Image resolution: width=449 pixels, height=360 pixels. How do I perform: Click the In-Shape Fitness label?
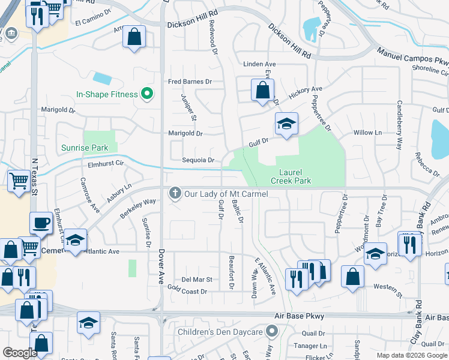106,94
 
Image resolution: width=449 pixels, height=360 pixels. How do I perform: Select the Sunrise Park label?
85,148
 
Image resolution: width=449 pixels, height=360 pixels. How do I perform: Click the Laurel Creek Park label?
291,176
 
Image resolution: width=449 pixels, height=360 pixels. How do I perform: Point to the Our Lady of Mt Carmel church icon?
175,194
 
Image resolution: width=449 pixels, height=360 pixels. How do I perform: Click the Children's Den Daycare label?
220,332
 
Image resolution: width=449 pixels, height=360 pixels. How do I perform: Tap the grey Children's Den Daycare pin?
272,331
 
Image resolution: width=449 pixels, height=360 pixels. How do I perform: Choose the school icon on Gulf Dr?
286,124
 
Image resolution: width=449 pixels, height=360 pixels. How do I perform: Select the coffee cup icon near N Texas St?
41,223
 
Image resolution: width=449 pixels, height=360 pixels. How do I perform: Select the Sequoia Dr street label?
198,160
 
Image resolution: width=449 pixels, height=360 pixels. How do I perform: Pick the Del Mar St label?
197,280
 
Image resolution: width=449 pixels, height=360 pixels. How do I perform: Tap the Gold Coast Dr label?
188,292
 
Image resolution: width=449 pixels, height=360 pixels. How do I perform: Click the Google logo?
20,353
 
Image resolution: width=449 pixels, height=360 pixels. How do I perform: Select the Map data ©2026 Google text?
411,355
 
